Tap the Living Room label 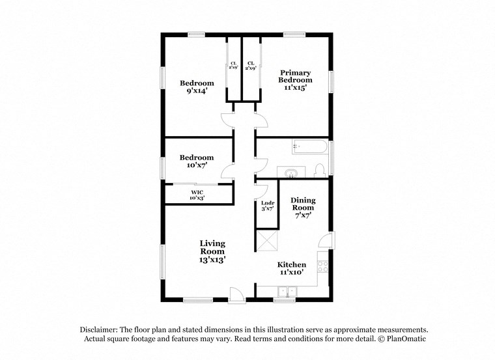click(212, 247)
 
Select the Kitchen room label click(292, 265)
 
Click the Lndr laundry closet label click(267, 204)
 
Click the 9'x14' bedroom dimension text click(197, 91)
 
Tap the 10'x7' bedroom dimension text click(197, 166)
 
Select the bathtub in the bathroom click(309, 146)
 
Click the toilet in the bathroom click(319, 171)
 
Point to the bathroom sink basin click(291, 173)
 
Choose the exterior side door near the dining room click(329, 242)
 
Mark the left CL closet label click(233, 64)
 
